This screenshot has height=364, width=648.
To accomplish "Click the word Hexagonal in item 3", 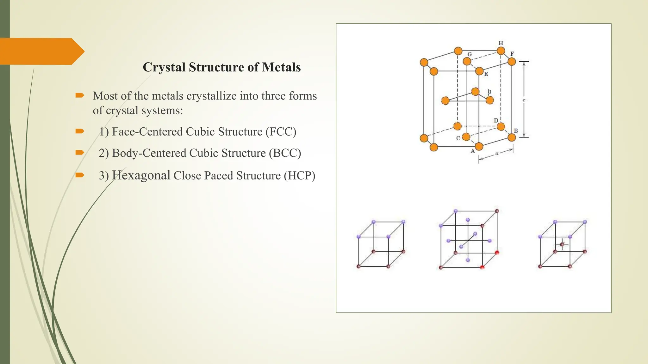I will tap(141, 175).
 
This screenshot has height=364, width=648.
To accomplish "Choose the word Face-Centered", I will tap(147, 132).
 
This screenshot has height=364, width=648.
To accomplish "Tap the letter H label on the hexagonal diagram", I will tap(501, 43).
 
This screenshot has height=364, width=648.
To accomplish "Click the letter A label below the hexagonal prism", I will tap(473, 151).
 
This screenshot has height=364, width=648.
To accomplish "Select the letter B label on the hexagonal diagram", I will tap(516, 131).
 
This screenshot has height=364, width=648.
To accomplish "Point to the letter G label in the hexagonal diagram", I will tap(470, 54).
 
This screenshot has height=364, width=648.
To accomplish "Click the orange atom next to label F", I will tap(512, 62).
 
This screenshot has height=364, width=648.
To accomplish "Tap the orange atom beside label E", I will tap(479, 71).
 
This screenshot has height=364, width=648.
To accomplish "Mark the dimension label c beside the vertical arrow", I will tap(524, 100).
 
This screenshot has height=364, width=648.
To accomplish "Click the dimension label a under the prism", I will tap(497, 154).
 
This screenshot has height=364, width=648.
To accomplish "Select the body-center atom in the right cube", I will tap(562, 244).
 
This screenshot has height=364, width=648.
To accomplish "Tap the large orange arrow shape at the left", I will tap(41, 51).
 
